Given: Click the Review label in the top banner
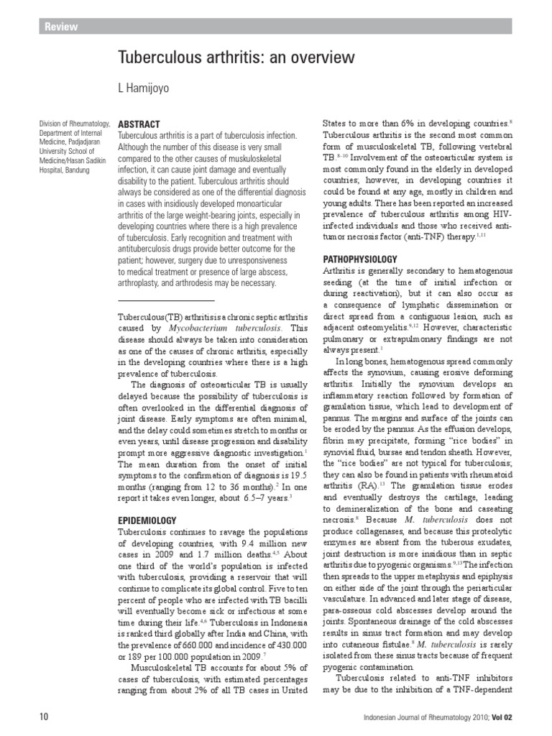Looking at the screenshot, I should (61, 27).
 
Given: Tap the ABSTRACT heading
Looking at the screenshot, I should (138, 124).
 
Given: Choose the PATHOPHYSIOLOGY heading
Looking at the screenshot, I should (359, 258).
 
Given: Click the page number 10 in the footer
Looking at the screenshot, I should (44, 717).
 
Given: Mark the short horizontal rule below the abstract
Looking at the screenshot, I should (166, 300).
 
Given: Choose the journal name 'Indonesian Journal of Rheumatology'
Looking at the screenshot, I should (416, 717).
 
